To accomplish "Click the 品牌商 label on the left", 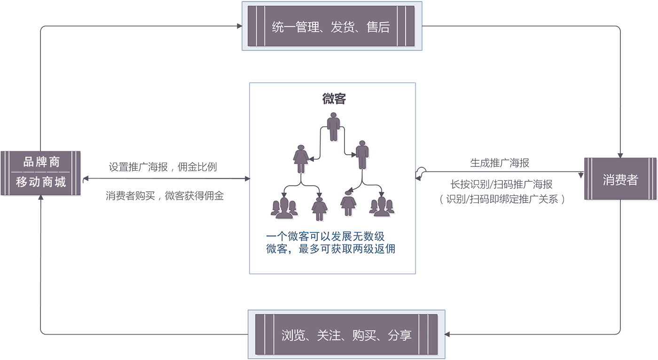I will [41, 162].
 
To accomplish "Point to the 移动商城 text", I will [41, 182].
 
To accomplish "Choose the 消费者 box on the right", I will [620, 180].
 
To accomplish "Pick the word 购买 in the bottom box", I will [364, 335].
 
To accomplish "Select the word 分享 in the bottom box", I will [400, 335].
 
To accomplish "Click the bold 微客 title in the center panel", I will [334, 99].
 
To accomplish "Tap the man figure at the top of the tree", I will [333, 126].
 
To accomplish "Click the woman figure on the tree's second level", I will [301, 159].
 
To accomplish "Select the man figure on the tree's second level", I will [362, 154].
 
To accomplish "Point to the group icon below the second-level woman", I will [284, 208].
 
